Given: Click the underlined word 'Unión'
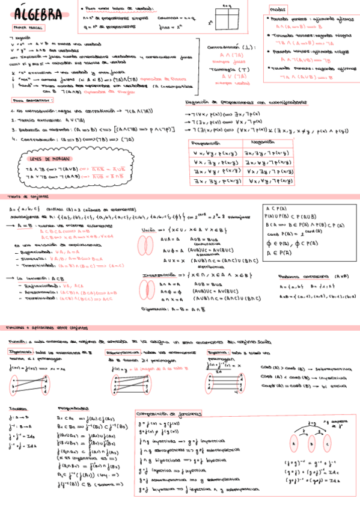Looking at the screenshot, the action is pos(148,229).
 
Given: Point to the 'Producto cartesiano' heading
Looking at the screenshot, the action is pos(298,276).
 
